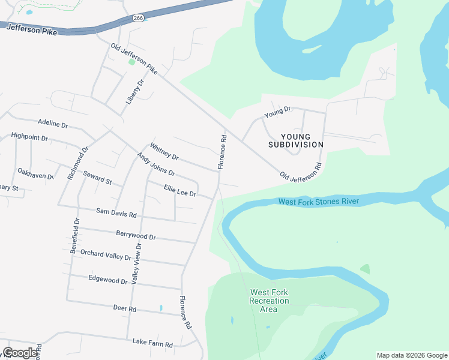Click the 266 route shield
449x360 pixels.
point(138,19)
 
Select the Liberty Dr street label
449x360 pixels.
point(136,92)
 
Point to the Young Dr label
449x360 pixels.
point(278,111)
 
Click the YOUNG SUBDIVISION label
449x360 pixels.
point(296,140)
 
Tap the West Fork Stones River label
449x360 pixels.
point(318,201)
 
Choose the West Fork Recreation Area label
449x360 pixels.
point(268,301)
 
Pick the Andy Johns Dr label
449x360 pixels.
point(155,164)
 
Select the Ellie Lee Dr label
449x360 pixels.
point(180,191)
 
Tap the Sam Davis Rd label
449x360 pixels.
point(116,212)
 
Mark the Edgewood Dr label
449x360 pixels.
point(108,279)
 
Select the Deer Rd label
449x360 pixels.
point(125,308)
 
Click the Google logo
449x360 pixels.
point(20,353)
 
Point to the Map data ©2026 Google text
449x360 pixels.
point(411,355)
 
